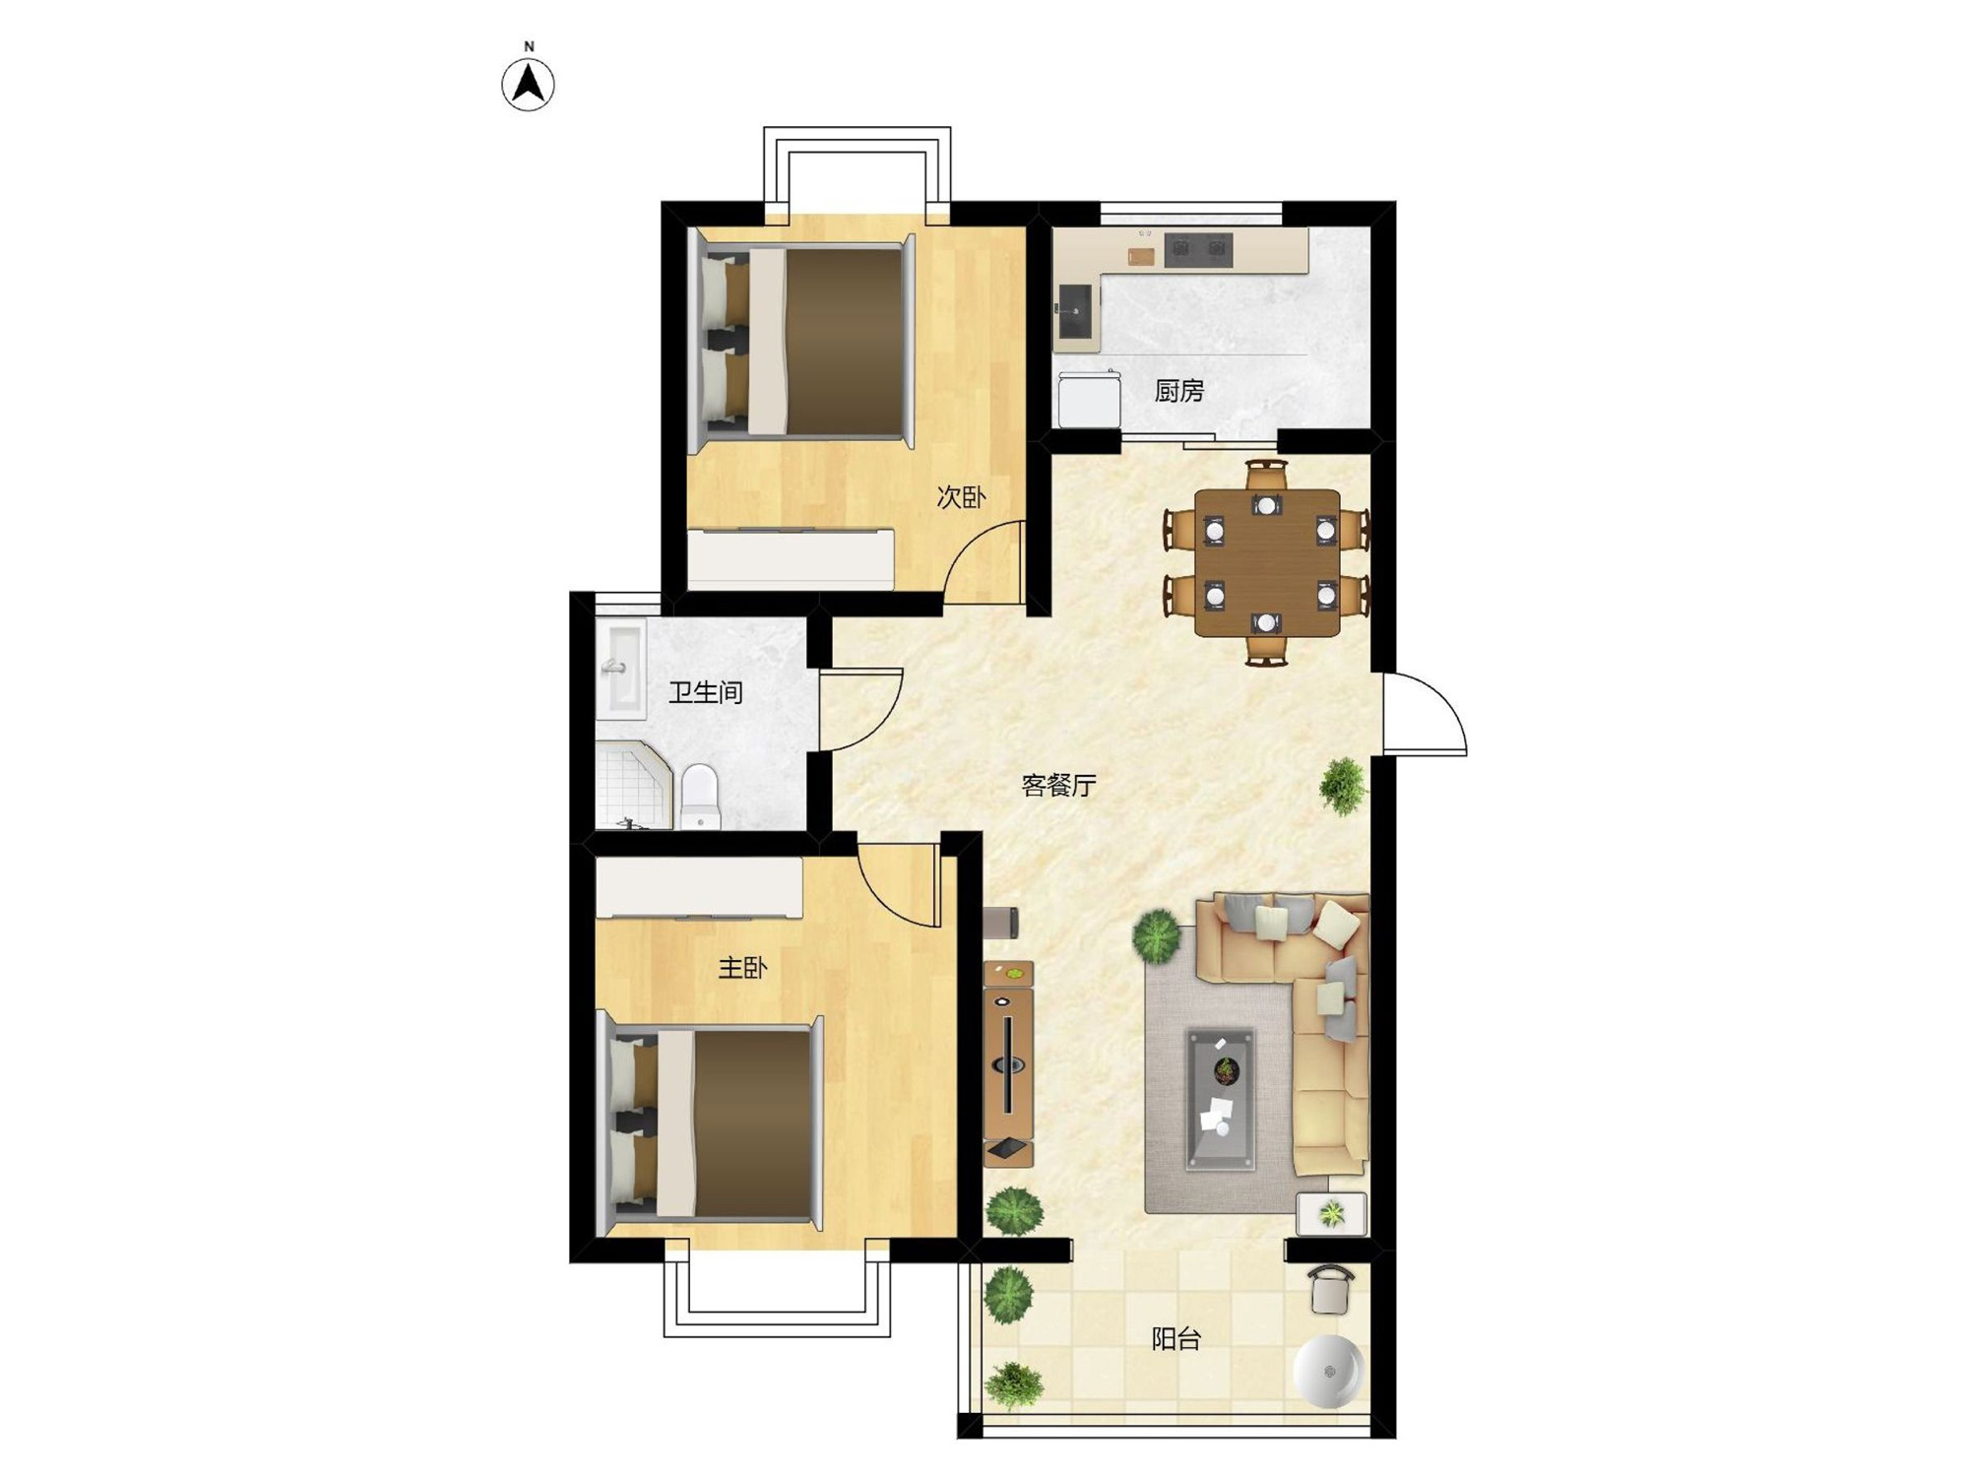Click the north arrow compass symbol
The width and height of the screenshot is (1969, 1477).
point(529,85)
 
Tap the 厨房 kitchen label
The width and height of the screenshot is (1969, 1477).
point(1179,391)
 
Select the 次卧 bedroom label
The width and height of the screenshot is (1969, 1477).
point(961,497)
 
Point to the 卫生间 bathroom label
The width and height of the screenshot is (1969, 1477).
point(705,692)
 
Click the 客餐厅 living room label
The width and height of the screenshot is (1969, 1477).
point(1058,785)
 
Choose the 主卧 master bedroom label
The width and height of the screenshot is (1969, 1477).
point(742,968)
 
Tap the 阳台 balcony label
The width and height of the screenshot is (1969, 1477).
point(1176,1338)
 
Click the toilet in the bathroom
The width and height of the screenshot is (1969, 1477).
point(701,796)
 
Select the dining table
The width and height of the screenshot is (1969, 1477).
point(1267,563)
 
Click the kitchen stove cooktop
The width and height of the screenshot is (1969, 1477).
point(1198,250)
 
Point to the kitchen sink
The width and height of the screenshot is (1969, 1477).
point(1075,311)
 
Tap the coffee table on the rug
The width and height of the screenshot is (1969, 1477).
point(1221,1098)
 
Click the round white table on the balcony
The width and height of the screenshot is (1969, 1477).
point(1328,1371)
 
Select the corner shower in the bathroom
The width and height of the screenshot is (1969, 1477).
point(633,786)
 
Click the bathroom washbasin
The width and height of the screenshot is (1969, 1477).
point(621,669)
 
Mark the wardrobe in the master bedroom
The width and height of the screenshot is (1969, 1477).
point(699,887)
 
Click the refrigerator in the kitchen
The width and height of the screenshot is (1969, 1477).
point(1089,399)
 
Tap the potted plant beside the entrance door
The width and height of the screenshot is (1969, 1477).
point(1342,786)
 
